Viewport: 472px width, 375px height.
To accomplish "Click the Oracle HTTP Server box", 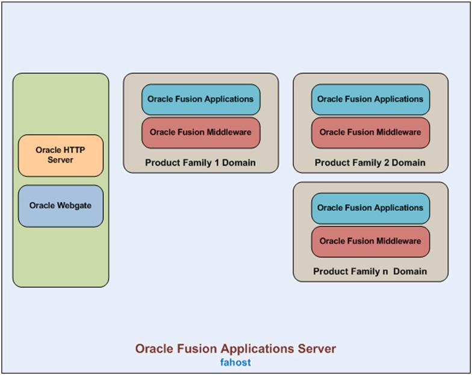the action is (x=61, y=155).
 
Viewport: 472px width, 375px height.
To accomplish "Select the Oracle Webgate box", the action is (x=61, y=206).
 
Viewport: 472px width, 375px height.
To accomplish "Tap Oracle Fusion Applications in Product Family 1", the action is (x=201, y=99).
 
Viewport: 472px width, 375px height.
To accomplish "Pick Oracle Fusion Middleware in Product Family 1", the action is (x=201, y=132).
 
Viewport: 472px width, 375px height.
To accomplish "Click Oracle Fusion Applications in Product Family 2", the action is (x=371, y=99).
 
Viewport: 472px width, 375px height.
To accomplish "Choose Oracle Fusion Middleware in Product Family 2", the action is (x=371, y=132).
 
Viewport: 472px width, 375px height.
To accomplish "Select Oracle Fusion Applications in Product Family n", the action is (x=371, y=208).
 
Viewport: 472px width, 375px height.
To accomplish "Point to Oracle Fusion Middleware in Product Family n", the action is (x=371, y=242).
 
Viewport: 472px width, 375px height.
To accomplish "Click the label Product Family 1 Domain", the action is (x=200, y=163).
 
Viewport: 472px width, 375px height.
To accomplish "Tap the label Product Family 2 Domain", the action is (x=370, y=163).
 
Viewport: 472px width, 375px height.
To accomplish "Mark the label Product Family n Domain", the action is (x=370, y=271).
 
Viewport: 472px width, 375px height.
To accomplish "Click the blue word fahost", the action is (x=235, y=362).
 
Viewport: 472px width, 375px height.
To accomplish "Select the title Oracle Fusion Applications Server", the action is (x=235, y=349).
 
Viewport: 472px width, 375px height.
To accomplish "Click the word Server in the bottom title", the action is (x=317, y=349).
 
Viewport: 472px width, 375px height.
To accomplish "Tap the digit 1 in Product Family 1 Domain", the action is (x=217, y=163).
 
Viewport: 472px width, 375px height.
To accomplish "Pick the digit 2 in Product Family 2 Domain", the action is (x=387, y=163).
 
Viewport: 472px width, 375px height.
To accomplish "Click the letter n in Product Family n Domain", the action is (x=385, y=272).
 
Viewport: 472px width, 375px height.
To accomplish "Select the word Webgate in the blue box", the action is (x=74, y=206).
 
